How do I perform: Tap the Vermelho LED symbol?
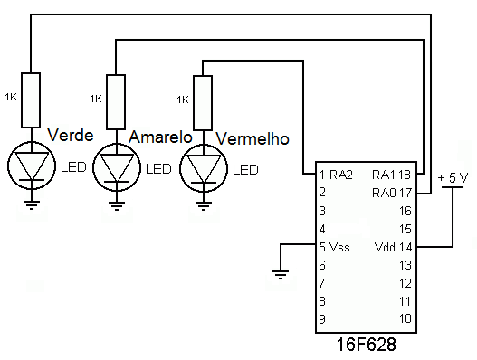pyautogui.click(x=201, y=168)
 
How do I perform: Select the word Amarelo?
pyautogui.click(x=160, y=137)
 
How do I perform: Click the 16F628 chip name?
pyautogui.click(x=366, y=346)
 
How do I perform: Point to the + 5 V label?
pyautogui.click(x=453, y=177)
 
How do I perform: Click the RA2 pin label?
pyautogui.click(x=339, y=174)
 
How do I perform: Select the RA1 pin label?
pyautogui.click(x=385, y=174)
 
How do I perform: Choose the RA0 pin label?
pyautogui.click(x=385, y=192)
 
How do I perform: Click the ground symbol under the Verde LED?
pyautogui.click(x=32, y=204)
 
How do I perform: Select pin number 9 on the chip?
pyautogui.click(x=321, y=318)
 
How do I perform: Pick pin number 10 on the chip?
pyautogui.click(x=405, y=318)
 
